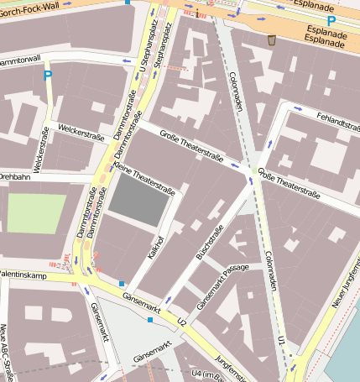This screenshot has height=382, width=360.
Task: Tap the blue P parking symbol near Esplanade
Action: [331, 21]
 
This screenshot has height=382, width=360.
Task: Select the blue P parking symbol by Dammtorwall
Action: [48, 76]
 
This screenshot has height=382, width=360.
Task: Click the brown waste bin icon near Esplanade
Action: [271, 39]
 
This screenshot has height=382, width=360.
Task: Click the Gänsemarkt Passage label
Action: [222, 285]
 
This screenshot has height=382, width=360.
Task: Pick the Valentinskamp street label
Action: [23, 274]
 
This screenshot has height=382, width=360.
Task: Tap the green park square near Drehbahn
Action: [35, 213]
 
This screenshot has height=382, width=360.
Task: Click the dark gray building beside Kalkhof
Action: [141, 201]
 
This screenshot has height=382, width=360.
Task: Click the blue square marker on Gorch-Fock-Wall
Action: [127, 3]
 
